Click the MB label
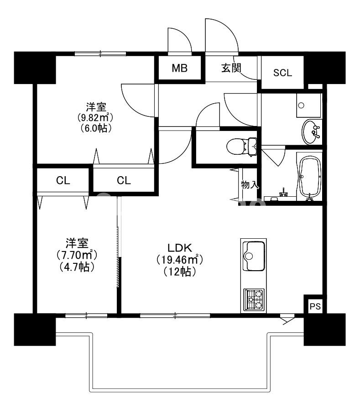click(180, 68)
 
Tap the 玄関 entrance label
click(231, 68)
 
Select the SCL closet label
click(282, 73)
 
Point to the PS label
click(315, 306)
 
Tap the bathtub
click(310, 178)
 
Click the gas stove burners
click(254, 300)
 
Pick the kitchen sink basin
click(254, 256)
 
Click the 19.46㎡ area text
click(180, 260)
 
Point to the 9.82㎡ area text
click(95, 118)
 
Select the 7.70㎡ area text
click(77, 254)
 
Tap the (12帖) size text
click(180, 272)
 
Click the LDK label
click(180, 247)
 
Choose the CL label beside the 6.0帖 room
click(124, 180)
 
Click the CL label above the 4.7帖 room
click(63, 180)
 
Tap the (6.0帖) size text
click(95, 128)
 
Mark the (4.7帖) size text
click(77, 266)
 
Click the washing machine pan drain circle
click(301, 105)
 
